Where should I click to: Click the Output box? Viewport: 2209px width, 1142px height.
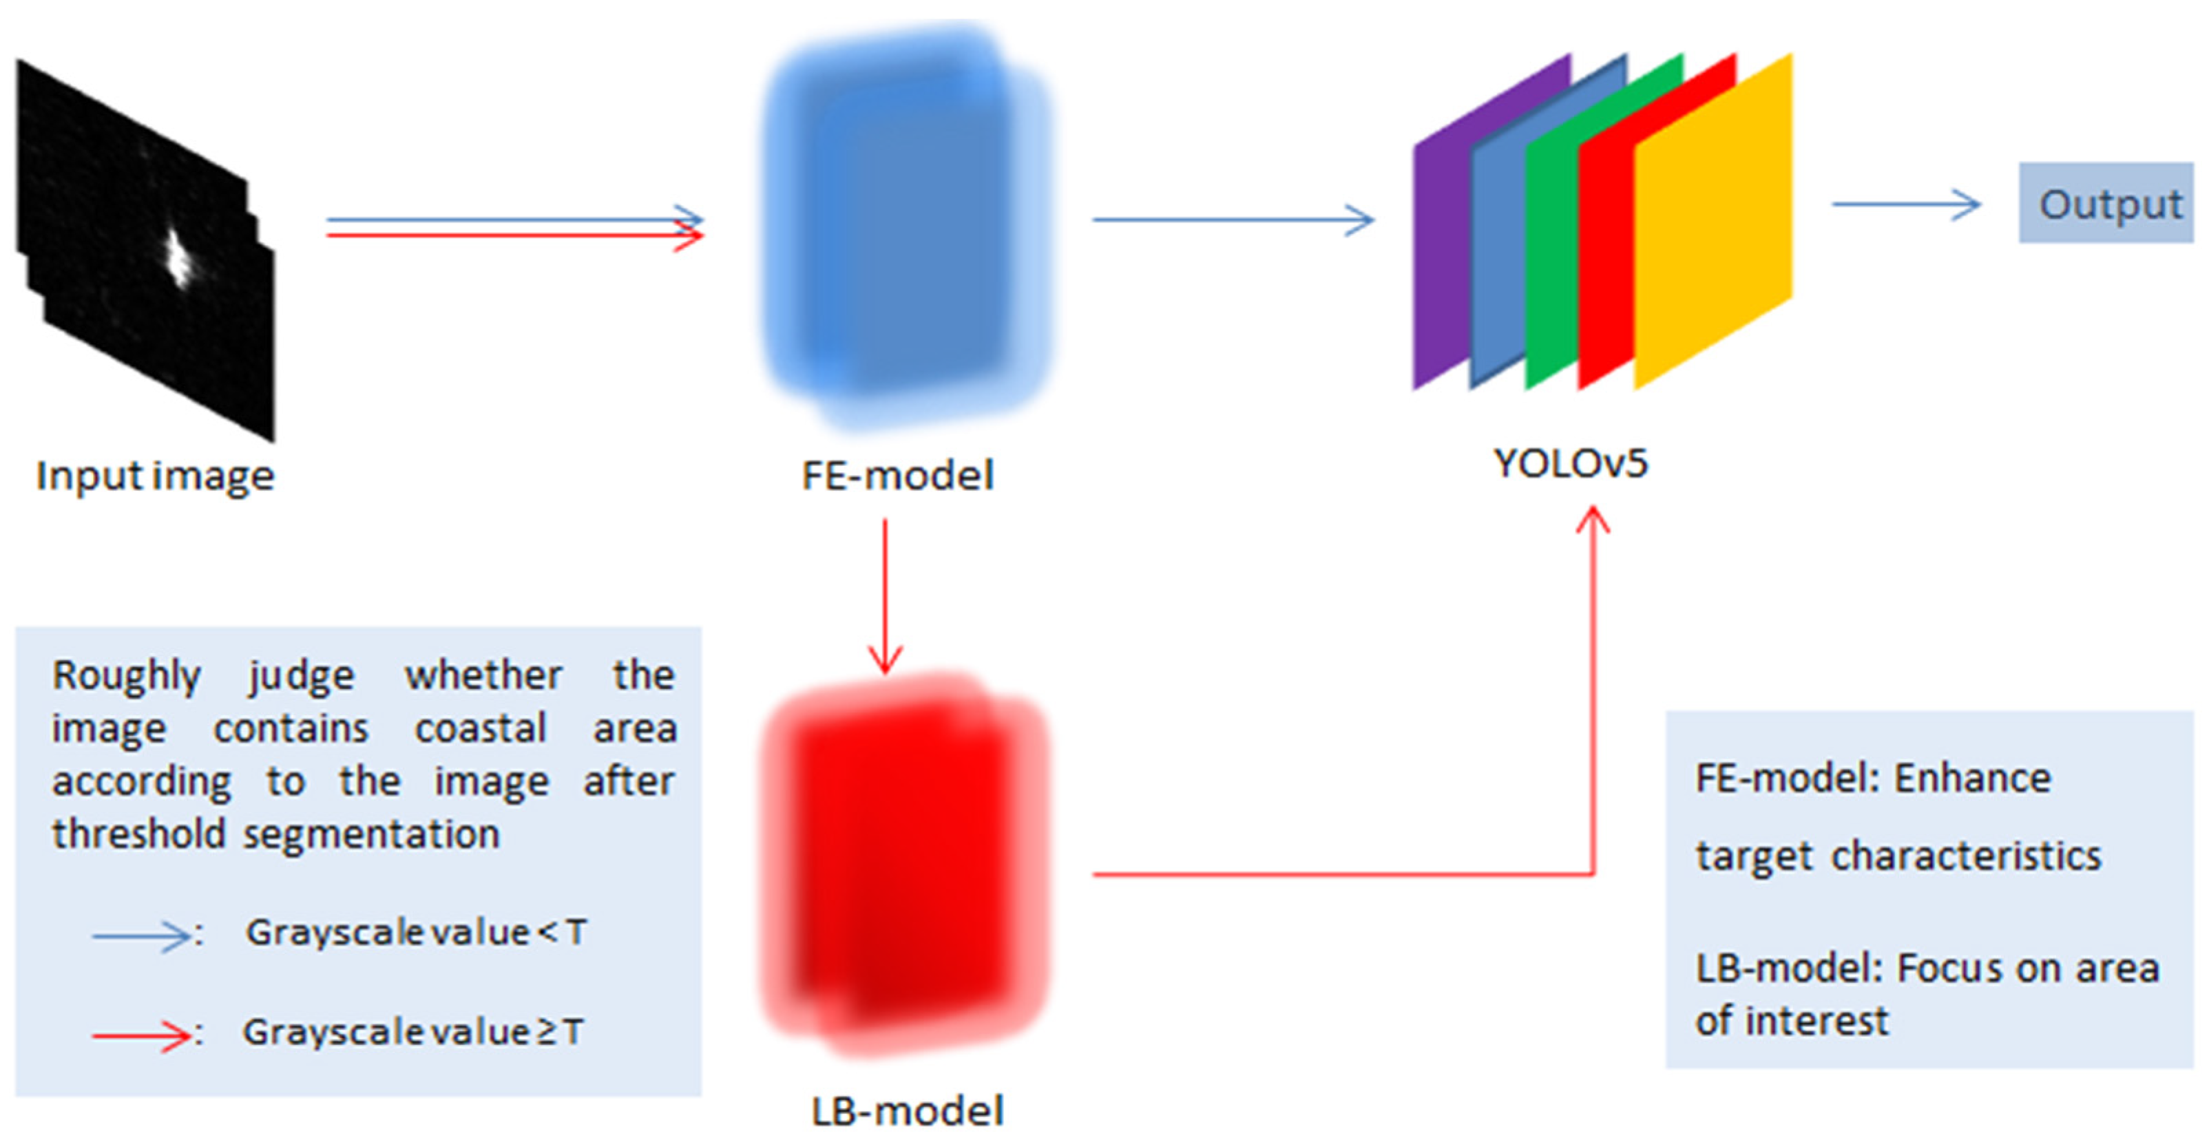(2107, 203)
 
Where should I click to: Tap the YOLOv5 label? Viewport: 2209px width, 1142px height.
(1570, 464)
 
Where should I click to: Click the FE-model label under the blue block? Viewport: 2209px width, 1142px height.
(897, 475)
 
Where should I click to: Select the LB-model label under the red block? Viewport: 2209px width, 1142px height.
(908, 1110)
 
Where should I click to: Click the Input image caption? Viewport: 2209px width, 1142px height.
(155, 476)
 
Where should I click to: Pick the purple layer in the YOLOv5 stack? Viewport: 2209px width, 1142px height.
(1441, 257)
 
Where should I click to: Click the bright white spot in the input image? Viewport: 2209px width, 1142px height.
(178, 257)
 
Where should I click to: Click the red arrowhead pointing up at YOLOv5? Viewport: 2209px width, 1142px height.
(1593, 520)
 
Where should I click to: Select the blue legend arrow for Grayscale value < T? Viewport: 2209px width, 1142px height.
(141, 935)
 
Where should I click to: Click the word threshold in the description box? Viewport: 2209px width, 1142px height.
(138, 834)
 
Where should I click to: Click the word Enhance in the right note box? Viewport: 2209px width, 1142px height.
(1972, 779)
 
